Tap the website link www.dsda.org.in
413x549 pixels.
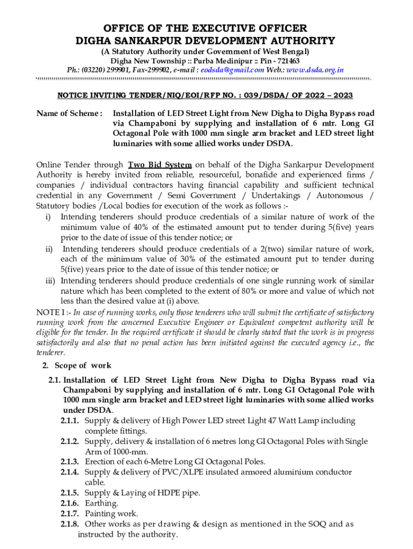316,70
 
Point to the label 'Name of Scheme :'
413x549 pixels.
69,114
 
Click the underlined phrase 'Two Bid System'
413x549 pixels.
159,165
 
